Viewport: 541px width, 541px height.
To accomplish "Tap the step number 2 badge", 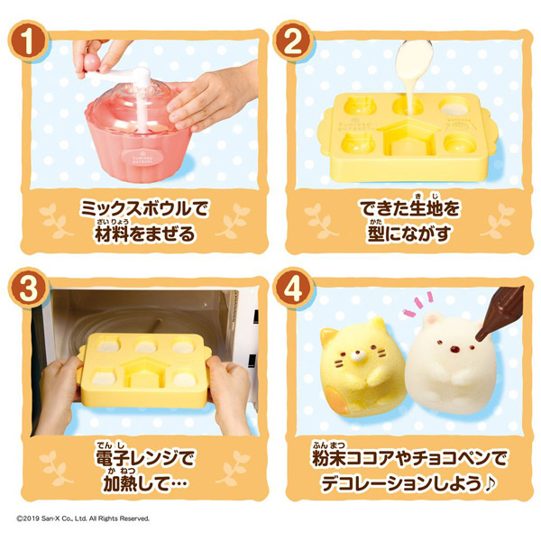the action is click(x=292, y=41).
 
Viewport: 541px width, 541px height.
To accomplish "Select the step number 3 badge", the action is click(x=28, y=288).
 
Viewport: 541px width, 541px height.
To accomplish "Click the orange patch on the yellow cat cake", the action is click(x=335, y=401).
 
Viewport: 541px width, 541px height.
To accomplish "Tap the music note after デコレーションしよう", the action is click(x=491, y=483).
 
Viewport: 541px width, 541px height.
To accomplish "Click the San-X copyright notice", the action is click(x=83, y=518).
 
